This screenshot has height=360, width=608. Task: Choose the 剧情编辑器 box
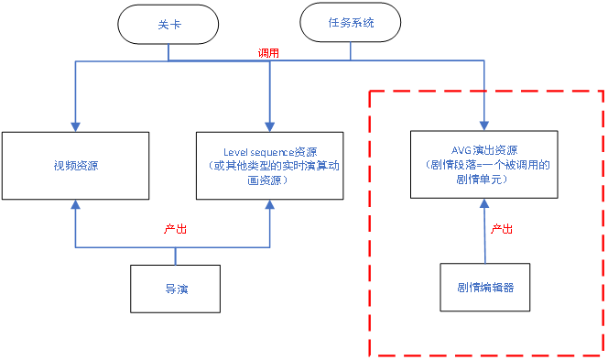484,286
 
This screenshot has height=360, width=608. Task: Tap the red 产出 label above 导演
175,229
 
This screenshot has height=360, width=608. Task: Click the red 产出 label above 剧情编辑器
502,227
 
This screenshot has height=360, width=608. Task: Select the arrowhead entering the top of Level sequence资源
269,125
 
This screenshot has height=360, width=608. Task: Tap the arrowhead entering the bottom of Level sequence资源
269,206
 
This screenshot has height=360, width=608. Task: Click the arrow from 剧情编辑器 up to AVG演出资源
484,234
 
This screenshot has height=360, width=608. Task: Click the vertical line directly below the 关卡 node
169,51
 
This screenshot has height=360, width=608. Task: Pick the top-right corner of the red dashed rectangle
603,91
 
